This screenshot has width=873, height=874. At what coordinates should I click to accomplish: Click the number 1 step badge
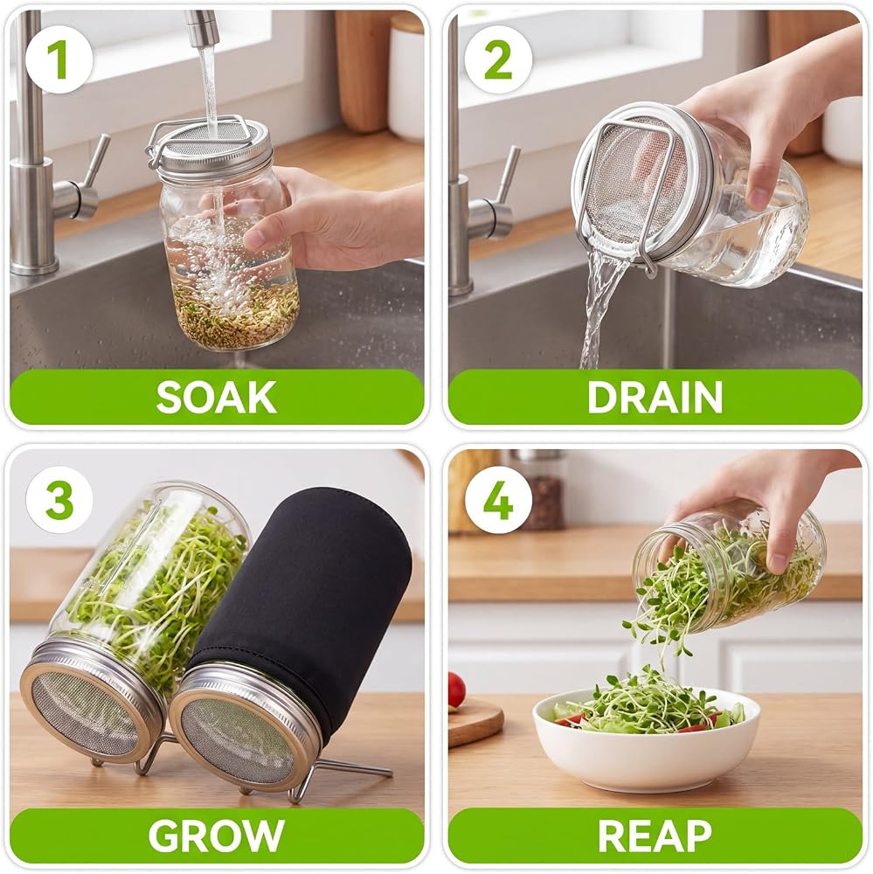point(58,59)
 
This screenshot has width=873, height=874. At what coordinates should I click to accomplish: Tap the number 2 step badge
point(498,59)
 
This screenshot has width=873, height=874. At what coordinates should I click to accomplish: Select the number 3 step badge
point(59,498)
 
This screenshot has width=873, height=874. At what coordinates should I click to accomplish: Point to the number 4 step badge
point(498,498)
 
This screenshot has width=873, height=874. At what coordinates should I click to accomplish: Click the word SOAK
point(217,397)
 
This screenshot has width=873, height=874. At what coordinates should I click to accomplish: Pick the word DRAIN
point(655,397)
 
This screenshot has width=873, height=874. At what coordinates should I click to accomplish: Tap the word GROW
point(217,835)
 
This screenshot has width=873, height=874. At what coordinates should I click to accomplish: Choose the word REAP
point(655,835)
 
